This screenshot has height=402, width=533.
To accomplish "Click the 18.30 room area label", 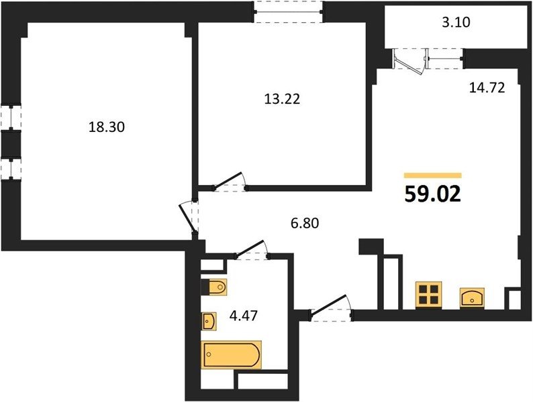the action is tap(106, 127).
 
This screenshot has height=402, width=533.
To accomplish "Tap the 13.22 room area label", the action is tap(282, 99).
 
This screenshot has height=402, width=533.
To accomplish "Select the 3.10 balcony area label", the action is tap(456, 22).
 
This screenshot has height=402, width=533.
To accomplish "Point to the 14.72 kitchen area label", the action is tap(487, 88).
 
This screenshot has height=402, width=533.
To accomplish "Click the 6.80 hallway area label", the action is tap(305, 223).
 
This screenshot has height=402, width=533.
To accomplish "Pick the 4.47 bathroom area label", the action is tap(244, 316).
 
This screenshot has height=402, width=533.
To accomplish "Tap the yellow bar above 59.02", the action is tap(433, 175).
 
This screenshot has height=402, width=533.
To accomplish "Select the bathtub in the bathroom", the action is tap(231, 354).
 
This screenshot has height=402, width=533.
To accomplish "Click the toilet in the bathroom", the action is tap(214, 287).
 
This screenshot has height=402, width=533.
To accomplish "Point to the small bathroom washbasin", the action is tap(209, 321).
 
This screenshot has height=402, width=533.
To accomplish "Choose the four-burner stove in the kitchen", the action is tap(428, 294).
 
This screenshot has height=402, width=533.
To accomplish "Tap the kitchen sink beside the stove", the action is tap(472, 298).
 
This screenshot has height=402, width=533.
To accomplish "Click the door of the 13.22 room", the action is tap(230, 182).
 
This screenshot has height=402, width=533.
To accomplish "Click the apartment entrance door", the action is tap(331, 307).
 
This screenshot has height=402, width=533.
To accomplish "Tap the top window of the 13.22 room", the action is tap(289, 12).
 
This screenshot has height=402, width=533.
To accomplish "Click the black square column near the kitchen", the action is tap(371, 247).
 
